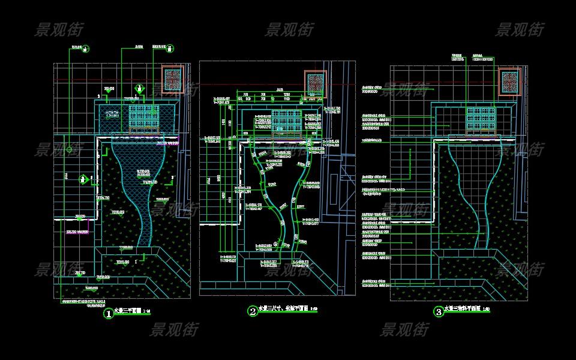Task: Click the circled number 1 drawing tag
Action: click(109, 313)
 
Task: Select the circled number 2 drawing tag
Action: click(253, 311)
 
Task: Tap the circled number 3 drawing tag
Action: click(439, 311)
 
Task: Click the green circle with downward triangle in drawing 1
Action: click(139, 89)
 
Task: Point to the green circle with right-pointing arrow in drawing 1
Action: click(84, 179)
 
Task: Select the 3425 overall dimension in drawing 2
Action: click(280, 90)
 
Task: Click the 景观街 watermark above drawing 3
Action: click(520, 29)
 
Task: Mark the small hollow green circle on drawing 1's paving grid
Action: click(70, 149)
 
